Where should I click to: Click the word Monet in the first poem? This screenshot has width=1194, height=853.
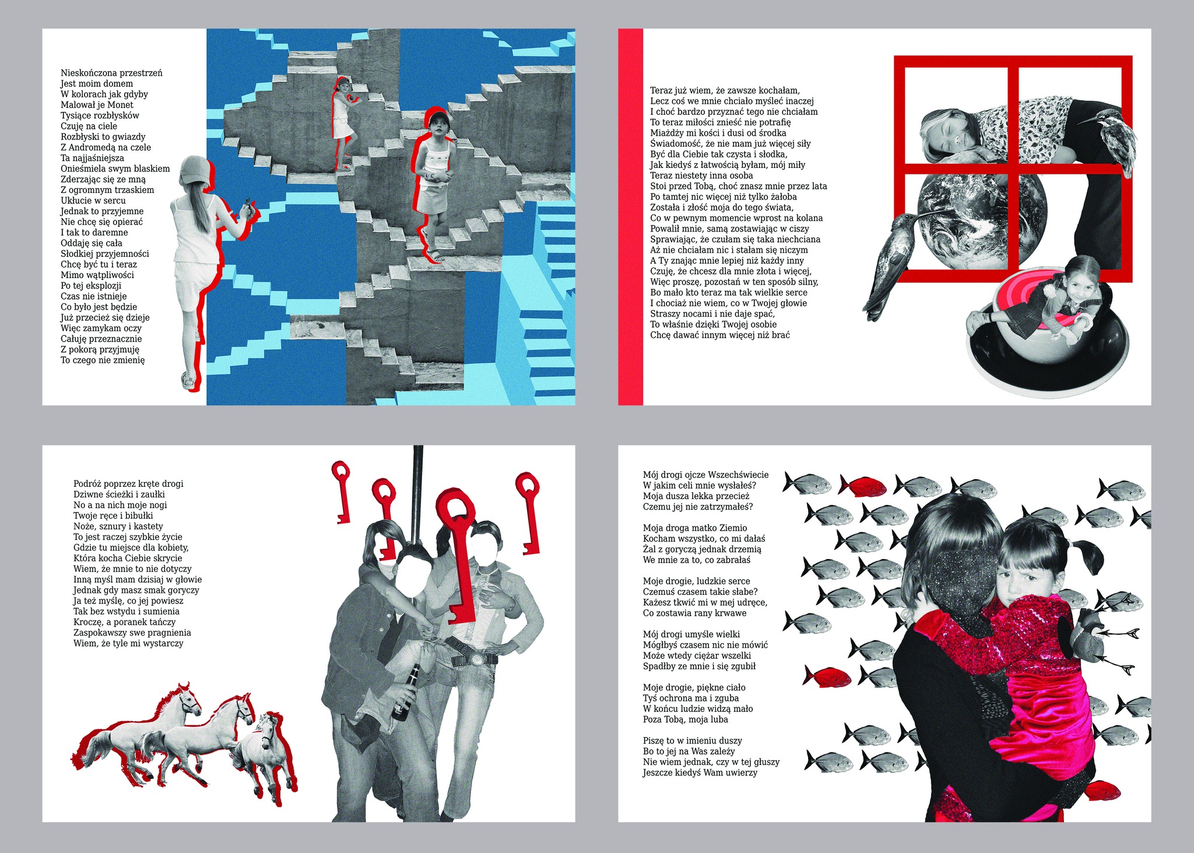(x=121, y=105)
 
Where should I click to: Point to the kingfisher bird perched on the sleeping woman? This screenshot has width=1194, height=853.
(x=1111, y=140)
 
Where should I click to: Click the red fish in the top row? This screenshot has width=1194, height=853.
(x=863, y=485)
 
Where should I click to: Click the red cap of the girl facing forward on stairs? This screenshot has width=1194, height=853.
(x=436, y=115)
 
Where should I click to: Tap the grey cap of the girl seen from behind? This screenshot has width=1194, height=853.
(x=195, y=171)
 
